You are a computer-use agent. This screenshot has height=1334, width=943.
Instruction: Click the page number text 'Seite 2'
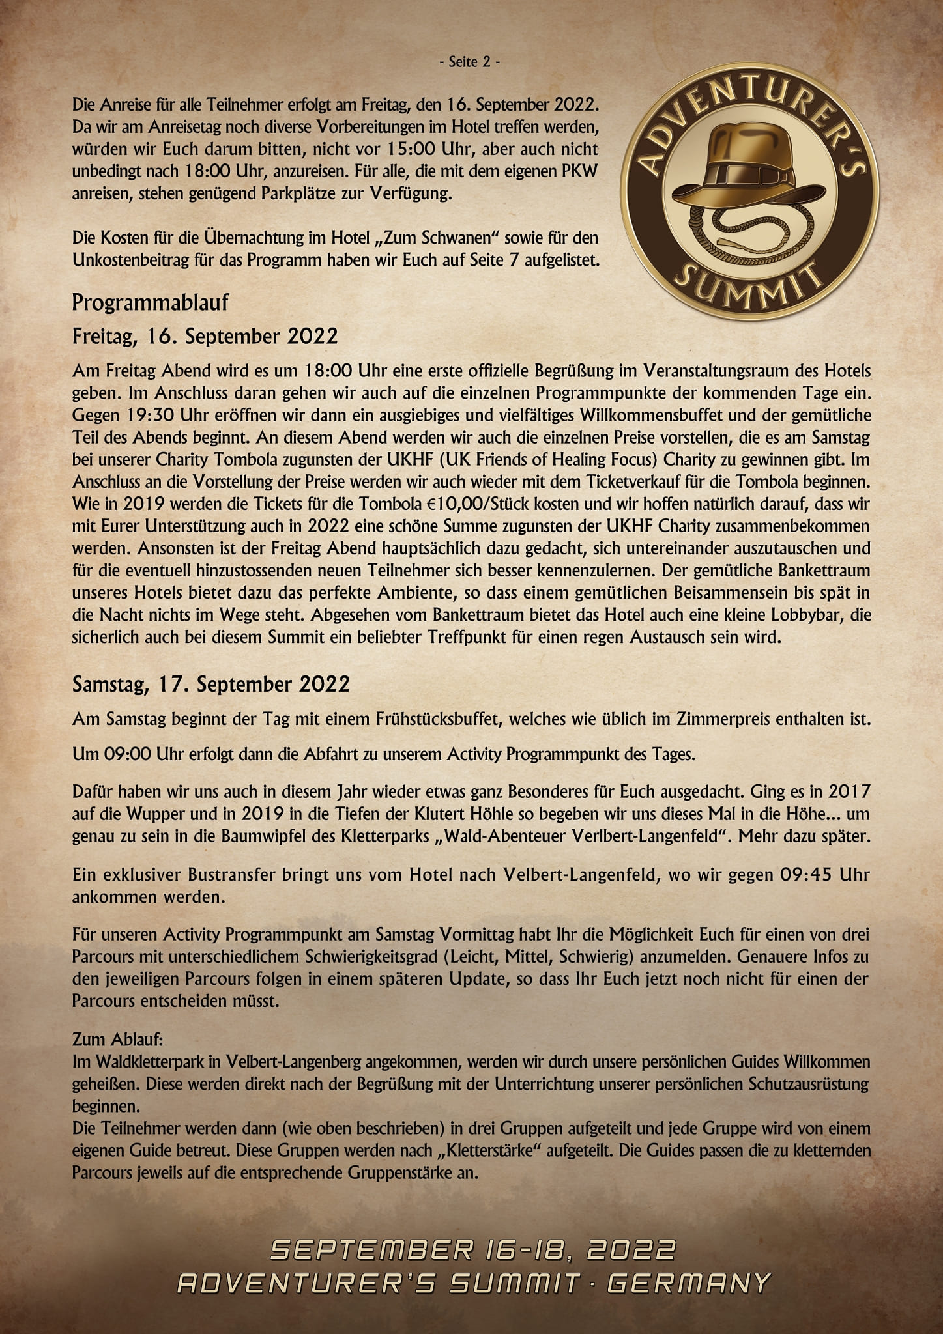click(471, 63)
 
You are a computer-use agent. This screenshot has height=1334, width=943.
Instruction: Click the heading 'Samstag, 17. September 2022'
click(211, 684)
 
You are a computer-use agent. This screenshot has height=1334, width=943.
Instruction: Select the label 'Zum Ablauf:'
click(113, 1037)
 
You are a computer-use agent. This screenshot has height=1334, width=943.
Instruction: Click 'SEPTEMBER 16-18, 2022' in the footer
click(472, 1251)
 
